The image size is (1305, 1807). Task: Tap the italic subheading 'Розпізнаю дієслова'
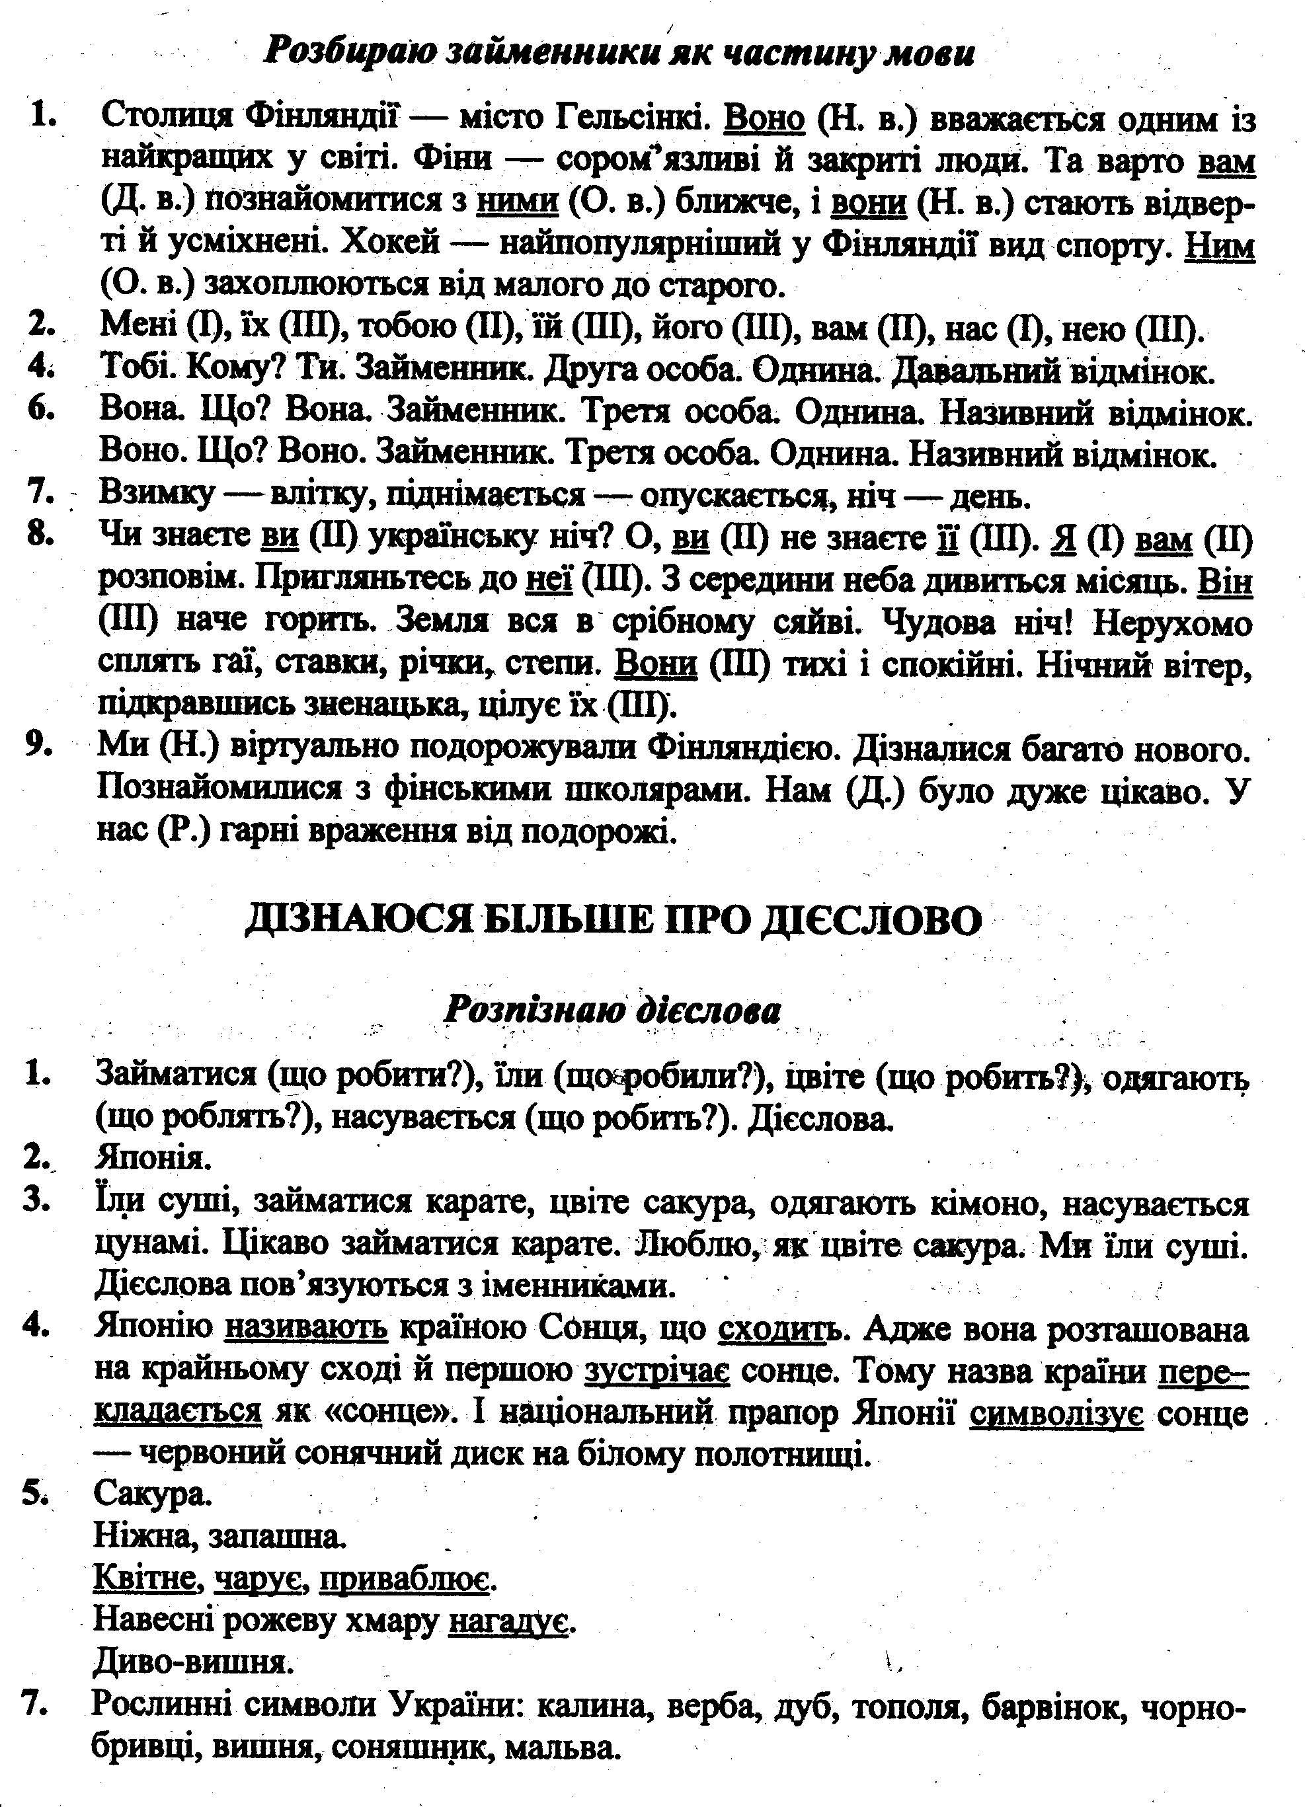pos(612,1011)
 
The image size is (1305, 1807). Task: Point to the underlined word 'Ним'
pos(1220,245)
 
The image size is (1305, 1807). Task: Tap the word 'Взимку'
pos(156,496)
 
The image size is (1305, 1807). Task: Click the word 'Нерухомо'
pos(1172,624)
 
